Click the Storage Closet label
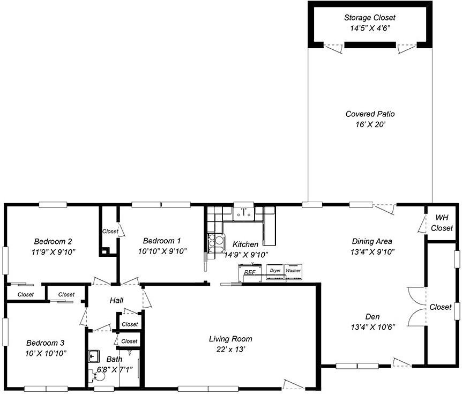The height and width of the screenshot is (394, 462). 370,18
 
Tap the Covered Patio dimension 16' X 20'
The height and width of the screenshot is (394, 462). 370,125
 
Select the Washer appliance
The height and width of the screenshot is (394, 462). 293,272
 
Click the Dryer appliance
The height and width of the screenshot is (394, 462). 275,272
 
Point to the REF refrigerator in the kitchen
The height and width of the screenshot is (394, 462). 250,273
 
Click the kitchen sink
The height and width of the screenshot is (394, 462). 244,213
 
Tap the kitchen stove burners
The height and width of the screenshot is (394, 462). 215,243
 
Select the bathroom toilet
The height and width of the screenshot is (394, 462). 97,376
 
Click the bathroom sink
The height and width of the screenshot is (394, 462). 94,356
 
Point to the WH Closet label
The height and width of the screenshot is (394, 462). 442,223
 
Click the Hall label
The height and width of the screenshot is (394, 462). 116,301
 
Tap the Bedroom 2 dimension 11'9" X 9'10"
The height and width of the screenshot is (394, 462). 54,252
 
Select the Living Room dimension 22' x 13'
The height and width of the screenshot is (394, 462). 230,350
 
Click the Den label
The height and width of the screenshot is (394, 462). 372,317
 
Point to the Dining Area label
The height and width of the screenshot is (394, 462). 372,241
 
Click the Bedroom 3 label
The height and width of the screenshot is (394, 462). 46,343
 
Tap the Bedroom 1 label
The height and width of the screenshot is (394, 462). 162,241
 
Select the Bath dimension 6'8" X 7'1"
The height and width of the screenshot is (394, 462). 115,369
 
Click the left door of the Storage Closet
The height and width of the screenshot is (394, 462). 333,48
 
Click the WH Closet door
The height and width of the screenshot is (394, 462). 422,224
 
